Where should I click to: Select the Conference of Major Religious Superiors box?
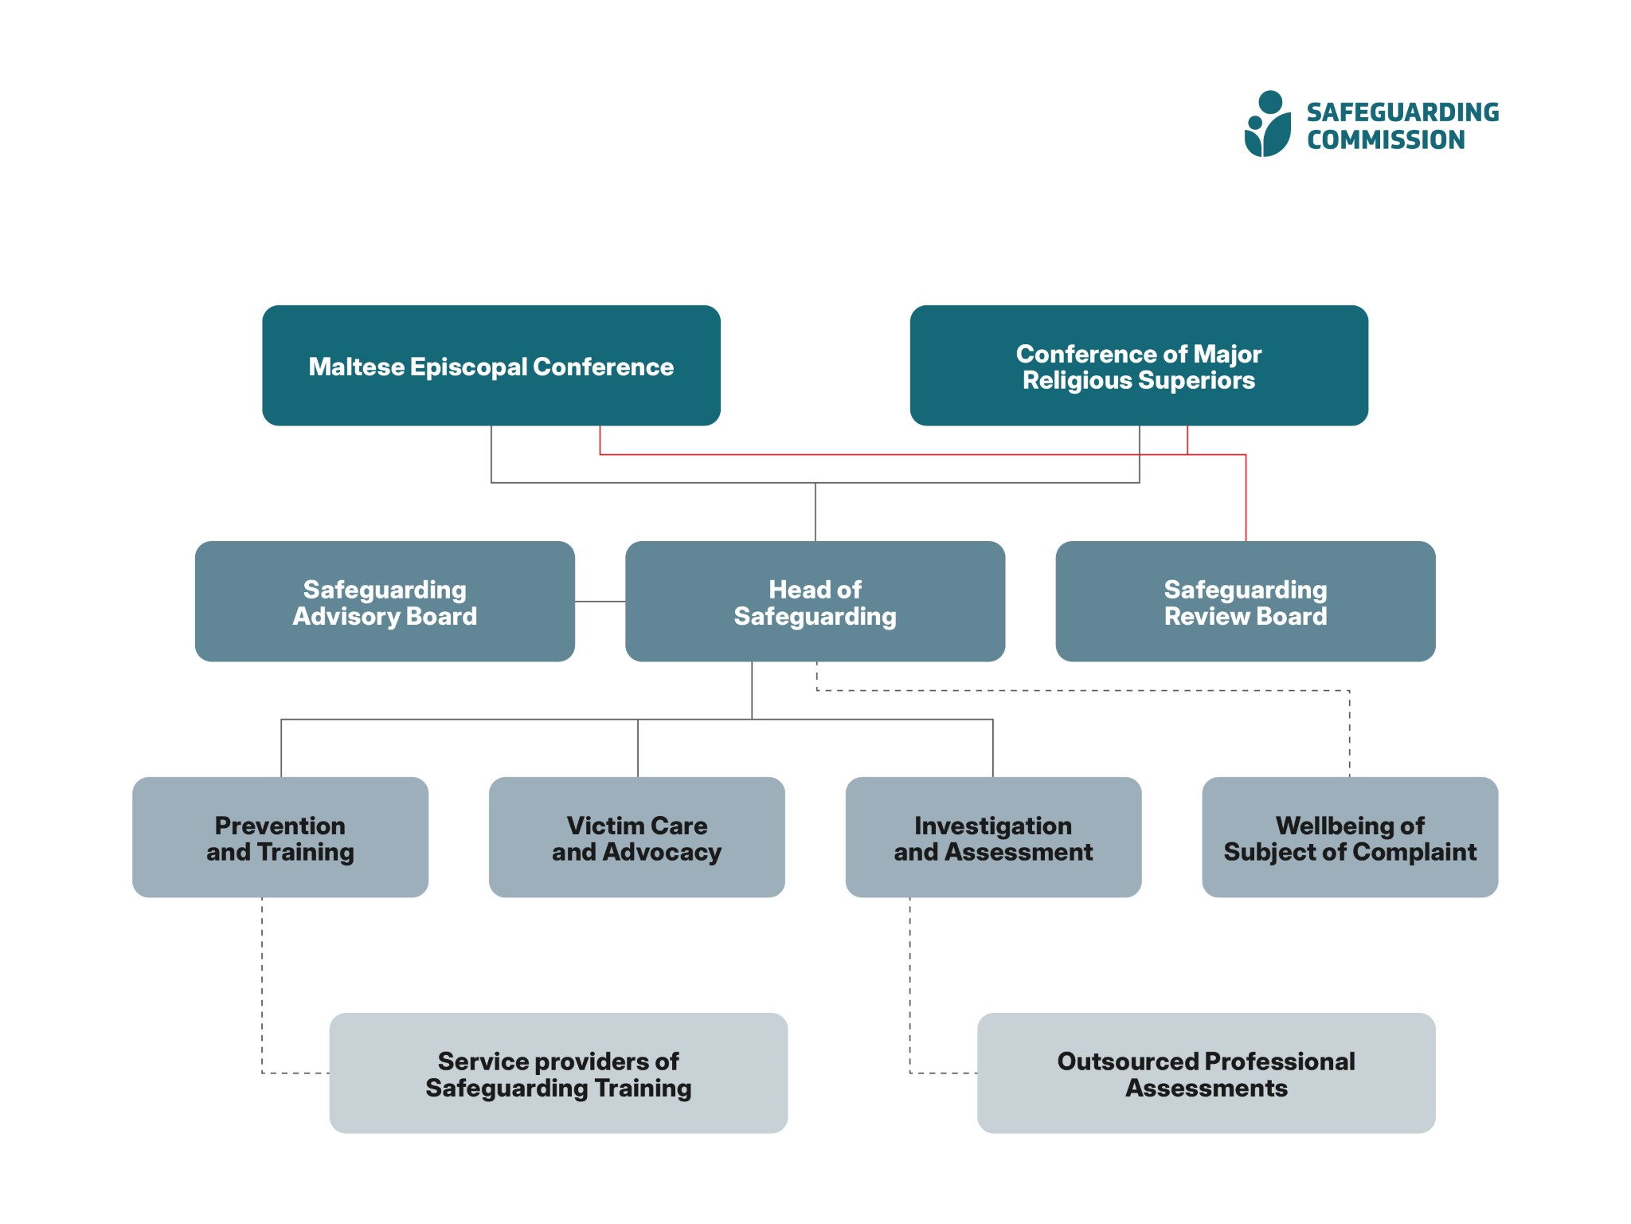point(1139,366)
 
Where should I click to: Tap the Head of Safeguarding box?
point(815,602)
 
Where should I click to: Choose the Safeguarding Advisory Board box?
point(385,602)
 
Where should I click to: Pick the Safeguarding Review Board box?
point(1246,602)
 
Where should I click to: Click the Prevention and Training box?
point(280,838)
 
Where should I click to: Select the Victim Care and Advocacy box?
point(636,838)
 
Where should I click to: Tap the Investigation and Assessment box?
point(993,838)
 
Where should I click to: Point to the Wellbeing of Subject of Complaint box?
point(1350,838)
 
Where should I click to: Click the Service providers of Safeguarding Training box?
point(558,1073)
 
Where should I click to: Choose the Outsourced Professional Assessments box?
point(1206,1073)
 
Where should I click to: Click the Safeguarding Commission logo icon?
point(1267,125)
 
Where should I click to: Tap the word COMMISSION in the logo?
point(1386,140)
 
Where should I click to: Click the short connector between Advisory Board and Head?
point(600,602)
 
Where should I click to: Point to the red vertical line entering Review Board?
point(1246,502)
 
